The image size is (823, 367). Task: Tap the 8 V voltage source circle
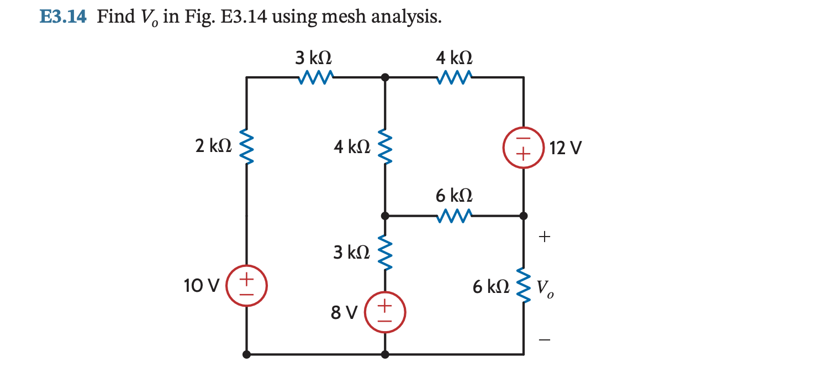(385, 312)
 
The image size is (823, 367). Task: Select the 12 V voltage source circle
(523, 148)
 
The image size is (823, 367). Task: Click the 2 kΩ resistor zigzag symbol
(246, 147)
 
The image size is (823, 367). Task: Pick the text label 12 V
(566, 148)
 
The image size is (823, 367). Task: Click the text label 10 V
(202, 286)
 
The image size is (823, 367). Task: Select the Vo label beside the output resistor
(545, 288)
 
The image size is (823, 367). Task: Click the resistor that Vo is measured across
(523, 286)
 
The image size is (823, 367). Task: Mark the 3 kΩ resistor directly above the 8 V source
(385, 252)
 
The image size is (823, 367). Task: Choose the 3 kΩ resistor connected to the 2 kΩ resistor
(315, 78)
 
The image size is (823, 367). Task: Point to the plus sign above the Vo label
(545, 237)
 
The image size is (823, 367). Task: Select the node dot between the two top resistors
(385, 78)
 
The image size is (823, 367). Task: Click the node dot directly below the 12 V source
(523, 216)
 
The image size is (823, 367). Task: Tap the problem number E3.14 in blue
(63, 17)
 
